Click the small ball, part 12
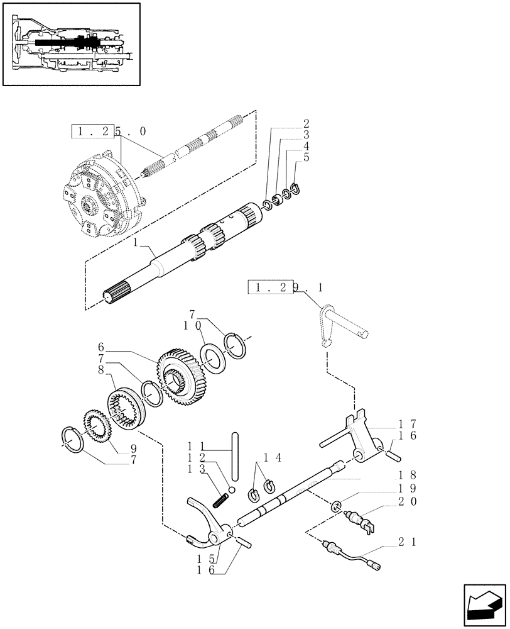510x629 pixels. [232, 489]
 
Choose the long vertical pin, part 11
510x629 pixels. [236, 456]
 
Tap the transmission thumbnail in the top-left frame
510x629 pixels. [70, 44]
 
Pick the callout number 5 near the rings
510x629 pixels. [306, 157]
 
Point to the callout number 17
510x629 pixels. [408, 424]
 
